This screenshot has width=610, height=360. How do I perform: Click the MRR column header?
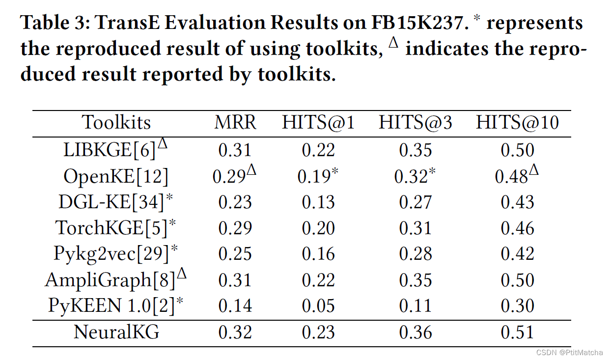(x=235, y=123)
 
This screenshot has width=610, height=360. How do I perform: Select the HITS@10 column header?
(x=517, y=123)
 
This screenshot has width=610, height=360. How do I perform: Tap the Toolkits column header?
(x=116, y=123)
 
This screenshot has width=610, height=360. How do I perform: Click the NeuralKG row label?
(x=116, y=332)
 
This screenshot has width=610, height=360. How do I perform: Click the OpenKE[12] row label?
(x=116, y=176)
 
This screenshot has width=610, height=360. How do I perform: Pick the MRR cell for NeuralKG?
(x=235, y=332)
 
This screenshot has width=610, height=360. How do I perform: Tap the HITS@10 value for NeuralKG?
(x=517, y=332)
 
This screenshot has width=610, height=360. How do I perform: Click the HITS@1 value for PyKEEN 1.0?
(x=318, y=306)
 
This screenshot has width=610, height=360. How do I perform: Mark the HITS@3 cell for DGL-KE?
(x=416, y=202)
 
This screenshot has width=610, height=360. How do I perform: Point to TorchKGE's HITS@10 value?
(x=517, y=228)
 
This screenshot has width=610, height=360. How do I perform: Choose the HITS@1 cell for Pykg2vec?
(x=318, y=254)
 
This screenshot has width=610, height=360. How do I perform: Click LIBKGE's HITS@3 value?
(x=416, y=150)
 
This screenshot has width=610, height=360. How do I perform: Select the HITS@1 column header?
(x=318, y=123)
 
